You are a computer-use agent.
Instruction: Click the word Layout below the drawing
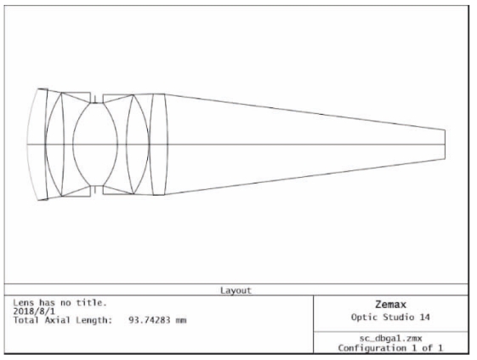point(236,290)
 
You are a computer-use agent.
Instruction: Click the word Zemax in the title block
point(390,305)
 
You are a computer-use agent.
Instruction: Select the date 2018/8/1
point(34,311)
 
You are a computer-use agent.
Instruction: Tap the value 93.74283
point(149,320)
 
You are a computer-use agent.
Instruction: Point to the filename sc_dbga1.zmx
point(390,338)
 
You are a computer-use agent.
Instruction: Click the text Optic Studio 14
point(390,317)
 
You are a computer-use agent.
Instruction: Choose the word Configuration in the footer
point(372,348)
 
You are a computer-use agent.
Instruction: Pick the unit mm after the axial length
point(181,320)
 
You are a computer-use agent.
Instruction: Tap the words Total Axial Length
point(63,320)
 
